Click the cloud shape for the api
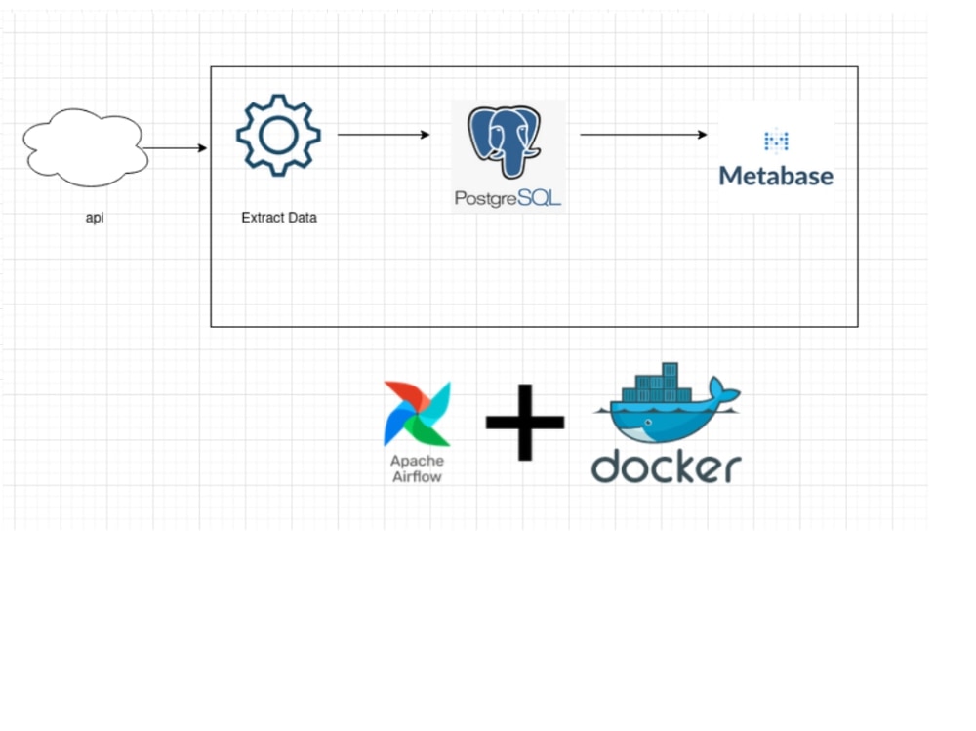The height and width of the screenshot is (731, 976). click(85, 148)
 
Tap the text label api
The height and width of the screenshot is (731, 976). click(95, 218)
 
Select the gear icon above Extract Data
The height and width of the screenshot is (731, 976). click(278, 135)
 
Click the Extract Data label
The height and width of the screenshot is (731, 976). click(278, 218)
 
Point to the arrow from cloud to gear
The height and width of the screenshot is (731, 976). click(176, 148)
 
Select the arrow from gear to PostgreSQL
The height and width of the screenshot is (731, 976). click(384, 135)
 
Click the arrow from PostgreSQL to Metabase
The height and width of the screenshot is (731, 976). click(643, 135)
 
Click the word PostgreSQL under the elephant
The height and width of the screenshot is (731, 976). click(508, 198)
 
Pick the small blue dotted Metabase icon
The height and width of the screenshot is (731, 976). click(776, 142)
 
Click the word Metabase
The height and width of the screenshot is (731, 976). click(776, 177)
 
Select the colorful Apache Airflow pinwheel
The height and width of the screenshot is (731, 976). click(417, 414)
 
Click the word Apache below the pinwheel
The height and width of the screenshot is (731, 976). click(417, 461)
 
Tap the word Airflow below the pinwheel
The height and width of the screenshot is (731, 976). click(417, 476)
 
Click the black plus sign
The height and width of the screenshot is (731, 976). click(525, 422)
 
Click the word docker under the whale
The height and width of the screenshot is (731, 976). click(666, 467)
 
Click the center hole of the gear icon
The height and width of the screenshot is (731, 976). click(278, 135)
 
